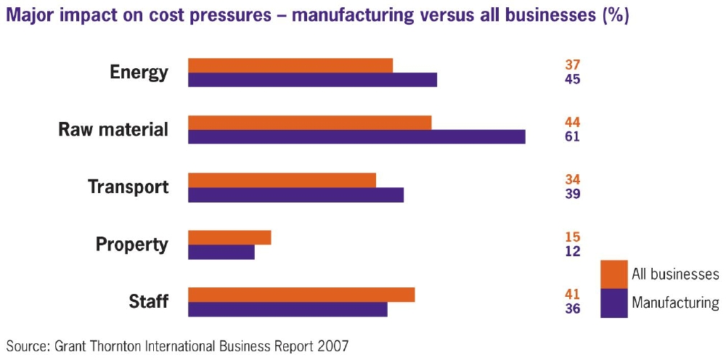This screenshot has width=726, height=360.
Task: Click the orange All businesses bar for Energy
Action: (290, 65)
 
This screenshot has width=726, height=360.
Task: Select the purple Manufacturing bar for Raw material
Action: (356, 136)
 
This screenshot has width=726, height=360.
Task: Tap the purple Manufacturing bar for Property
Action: (221, 252)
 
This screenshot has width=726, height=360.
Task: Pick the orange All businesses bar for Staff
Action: (301, 294)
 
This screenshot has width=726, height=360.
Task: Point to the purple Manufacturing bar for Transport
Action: (295, 195)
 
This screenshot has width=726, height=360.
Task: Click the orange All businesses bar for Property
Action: (229, 237)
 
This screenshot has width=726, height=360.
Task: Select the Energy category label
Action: (139, 73)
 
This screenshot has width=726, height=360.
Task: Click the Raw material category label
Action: (113, 130)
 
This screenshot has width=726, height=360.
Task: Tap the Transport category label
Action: (128, 187)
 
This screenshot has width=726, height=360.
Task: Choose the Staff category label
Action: (148, 301)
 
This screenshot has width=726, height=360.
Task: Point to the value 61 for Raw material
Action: (572, 136)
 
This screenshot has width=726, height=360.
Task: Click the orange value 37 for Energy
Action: (572, 65)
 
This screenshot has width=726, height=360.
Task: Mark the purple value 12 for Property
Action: (572, 251)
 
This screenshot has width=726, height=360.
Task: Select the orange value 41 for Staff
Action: (572, 294)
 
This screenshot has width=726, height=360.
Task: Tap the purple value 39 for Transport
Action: (572, 194)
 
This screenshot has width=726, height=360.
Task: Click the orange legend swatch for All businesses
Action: (614, 274)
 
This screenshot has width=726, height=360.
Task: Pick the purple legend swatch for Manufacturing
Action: (614, 303)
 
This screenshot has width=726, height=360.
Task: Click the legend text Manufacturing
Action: (675, 303)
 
